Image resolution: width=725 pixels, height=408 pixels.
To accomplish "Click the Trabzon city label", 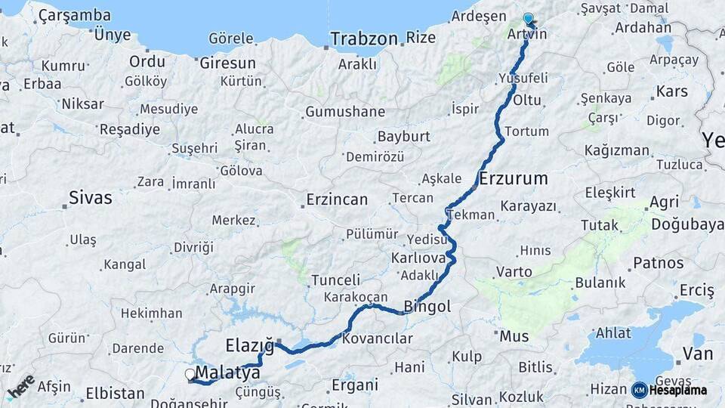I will [364, 39].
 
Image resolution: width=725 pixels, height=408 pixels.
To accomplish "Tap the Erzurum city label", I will [513, 179].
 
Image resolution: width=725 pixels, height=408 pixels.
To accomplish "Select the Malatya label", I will [227, 373].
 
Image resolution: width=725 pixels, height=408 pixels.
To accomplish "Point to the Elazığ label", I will [249, 346].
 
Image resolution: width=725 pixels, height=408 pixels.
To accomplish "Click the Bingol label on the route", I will [427, 307].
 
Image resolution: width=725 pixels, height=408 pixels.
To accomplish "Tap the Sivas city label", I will [90, 198].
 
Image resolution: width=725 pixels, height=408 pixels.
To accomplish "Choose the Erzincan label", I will [337, 200].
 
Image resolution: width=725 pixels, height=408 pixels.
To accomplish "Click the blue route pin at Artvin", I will [528, 19].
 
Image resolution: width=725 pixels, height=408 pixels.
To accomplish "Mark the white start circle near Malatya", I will [190, 374].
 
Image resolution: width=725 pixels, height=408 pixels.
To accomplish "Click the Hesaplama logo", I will [668, 390].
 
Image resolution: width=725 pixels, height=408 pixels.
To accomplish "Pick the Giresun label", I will [227, 63].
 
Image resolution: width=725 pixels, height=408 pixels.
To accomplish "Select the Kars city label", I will [672, 91].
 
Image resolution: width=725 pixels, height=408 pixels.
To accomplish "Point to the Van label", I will [697, 353].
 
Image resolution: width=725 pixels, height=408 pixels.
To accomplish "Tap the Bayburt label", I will [403, 137].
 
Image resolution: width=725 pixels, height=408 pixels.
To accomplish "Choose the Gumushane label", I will [344, 112].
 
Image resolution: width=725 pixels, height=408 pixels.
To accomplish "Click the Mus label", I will [514, 335].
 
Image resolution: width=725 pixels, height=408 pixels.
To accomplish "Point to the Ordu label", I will [147, 61].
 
